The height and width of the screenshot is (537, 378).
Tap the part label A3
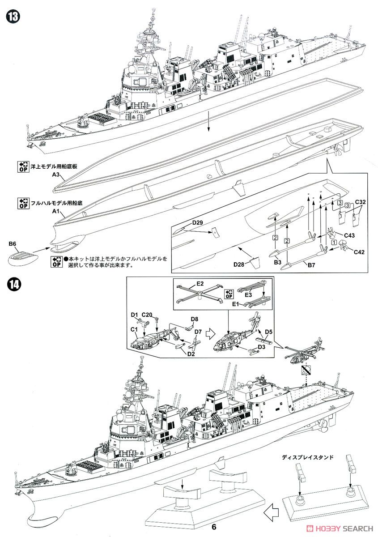point(56,176)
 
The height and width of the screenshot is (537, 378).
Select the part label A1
point(56,211)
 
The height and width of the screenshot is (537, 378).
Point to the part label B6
point(12,243)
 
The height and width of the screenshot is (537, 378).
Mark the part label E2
point(200,283)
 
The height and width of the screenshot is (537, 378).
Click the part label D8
point(194,319)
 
